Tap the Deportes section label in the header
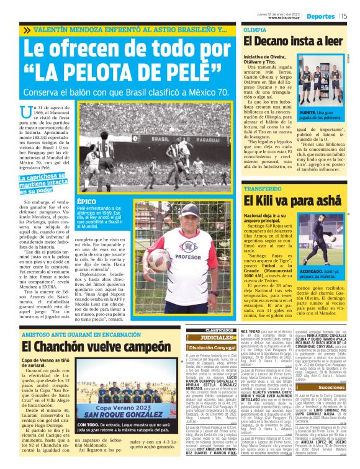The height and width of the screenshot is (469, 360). point(323,16)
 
